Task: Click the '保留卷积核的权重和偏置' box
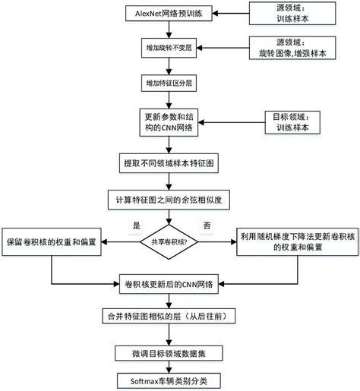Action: pyautogui.click(x=52, y=241)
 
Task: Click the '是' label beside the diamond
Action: pyautogui.click(x=137, y=225)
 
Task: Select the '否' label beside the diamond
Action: pyautogui.click(x=207, y=225)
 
